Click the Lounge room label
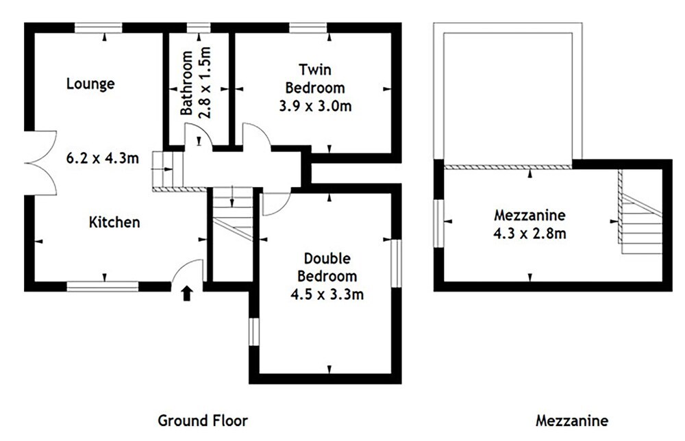tap(90, 84)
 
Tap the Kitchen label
tap(114, 222)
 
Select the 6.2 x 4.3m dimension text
tap(103, 157)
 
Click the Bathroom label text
tap(186, 83)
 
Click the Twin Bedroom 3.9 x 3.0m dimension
tap(315, 106)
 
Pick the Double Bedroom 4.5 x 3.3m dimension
tap(327, 294)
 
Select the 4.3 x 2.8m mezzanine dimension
tap(530, 233)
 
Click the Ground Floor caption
tap(203, 420)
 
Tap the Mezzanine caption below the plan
tap(572, 420)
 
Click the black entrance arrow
tap(187, 293)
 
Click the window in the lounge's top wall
tap(98, 28)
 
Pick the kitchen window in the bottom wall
tap(103, 286)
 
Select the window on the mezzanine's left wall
tap(438, 223)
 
